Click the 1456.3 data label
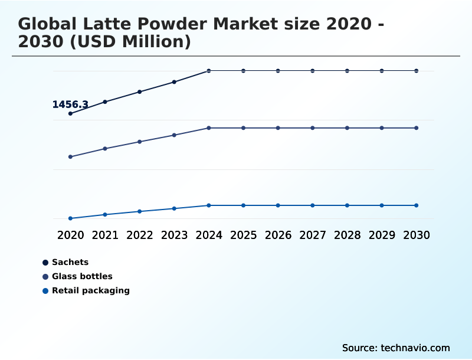coord(70,104)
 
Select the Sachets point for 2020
coord(70,113)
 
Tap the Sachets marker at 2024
coord(209,71)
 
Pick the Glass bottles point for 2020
coord(70,156)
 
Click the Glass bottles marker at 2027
coord(313,128)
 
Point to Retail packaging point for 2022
coord(140,211)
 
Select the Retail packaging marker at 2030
coord(417,205)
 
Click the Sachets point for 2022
coord(140,91)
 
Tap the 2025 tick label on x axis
coord(243,235)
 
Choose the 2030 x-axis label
coord(417,235)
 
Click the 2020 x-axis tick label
coord(70,235)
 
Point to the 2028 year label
coord(347,235)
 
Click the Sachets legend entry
coord(70,262)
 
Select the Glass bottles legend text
coord(82,276)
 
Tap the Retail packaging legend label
coord(91,290)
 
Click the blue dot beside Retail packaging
coord(45,290)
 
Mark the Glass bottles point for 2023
coord(174,135)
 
